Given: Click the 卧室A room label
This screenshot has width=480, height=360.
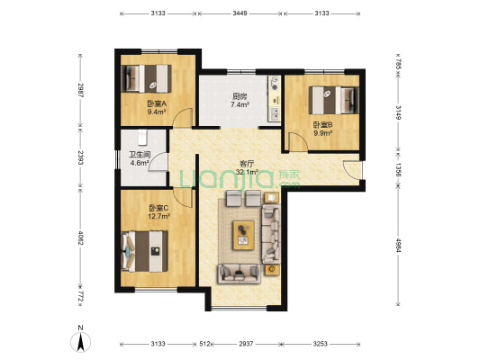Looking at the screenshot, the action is click(x=157, y=103).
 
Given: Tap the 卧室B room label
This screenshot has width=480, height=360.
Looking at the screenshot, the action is click(x=322, y=125).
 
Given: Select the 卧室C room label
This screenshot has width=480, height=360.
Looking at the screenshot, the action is click(x=158, y=208).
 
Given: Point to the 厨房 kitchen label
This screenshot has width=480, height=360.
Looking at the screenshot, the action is click(x=240, y=96).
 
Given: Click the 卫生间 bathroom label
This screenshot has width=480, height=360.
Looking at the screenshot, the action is click(x=140, y=155).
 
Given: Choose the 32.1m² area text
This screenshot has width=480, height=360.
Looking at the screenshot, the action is click(x=248, y=172).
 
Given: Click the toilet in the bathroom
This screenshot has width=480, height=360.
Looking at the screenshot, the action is click(x=142, y=138).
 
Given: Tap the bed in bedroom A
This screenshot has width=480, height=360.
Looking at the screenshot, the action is click(x=146, y=78).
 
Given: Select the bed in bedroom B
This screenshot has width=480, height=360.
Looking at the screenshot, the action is click(x=334, y=100).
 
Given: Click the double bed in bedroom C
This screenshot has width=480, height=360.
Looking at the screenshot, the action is click(x=144, y=251).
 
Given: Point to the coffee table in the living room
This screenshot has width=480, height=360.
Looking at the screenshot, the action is click(x=244, y=235).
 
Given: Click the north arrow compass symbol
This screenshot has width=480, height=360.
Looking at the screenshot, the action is click(x=80, y=342).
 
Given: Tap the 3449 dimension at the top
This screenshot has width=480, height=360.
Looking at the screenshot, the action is click(x=240, y=13).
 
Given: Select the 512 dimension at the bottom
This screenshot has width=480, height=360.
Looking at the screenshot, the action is click(x=204, y=344).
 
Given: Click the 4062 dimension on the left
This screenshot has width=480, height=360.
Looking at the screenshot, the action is click(x=80, y=238).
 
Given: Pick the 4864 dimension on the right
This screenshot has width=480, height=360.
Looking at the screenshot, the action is click(x=398, y=246).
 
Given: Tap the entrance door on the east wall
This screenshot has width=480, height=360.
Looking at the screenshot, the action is click(x=352, y=170).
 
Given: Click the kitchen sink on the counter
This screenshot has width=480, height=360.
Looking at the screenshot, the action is click(x=275, y=114).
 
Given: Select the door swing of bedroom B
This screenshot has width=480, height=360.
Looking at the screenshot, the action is click(x=298, y=141).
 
